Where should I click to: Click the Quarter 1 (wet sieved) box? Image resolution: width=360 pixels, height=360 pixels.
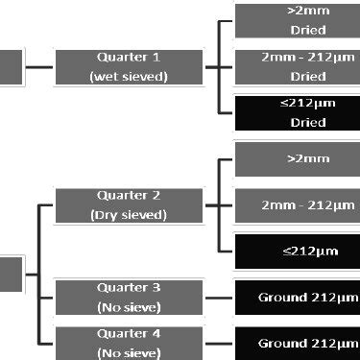click(x=129, y=67)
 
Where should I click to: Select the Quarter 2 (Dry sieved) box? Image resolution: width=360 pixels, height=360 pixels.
click(x=129, y=204)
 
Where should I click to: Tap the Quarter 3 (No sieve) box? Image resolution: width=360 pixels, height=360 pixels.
click(x=129, y=298)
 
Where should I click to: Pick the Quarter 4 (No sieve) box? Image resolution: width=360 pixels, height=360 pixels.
click(x=129, y=343)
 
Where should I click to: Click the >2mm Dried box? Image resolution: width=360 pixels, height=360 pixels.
click(x=298, y=19)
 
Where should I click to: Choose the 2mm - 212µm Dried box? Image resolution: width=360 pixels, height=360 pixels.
click(x=298, y=67)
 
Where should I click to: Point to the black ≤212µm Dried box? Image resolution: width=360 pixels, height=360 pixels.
click(x=298, y=114)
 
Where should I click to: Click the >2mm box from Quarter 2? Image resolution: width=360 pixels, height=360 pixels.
click(x=298, y=158)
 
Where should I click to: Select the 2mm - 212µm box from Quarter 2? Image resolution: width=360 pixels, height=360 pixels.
click(x=298, y=204)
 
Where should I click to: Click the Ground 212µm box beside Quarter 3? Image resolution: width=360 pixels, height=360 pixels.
click(x=298, y=298)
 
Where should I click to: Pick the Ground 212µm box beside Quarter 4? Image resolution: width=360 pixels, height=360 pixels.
click(x=298, y=343)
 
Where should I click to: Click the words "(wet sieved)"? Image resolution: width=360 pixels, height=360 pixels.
click(x=129, y=77)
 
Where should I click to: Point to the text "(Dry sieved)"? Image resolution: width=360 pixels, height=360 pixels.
click(x=129, y=215)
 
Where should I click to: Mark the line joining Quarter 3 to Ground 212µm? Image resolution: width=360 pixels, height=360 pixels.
click(x=219, y=298)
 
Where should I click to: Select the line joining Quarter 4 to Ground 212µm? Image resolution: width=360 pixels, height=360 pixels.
click(x=219, y=343)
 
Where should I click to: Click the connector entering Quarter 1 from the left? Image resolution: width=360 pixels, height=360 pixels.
click(x=41, y=67)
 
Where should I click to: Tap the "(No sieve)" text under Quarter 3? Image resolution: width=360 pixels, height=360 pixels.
click(x=129, y=307)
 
